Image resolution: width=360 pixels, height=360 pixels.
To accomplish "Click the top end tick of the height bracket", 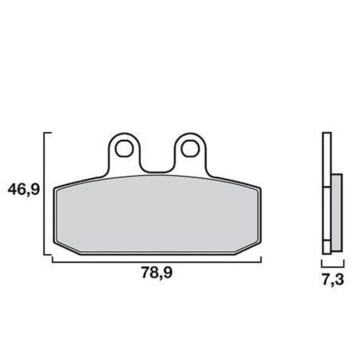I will click(49, 134).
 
